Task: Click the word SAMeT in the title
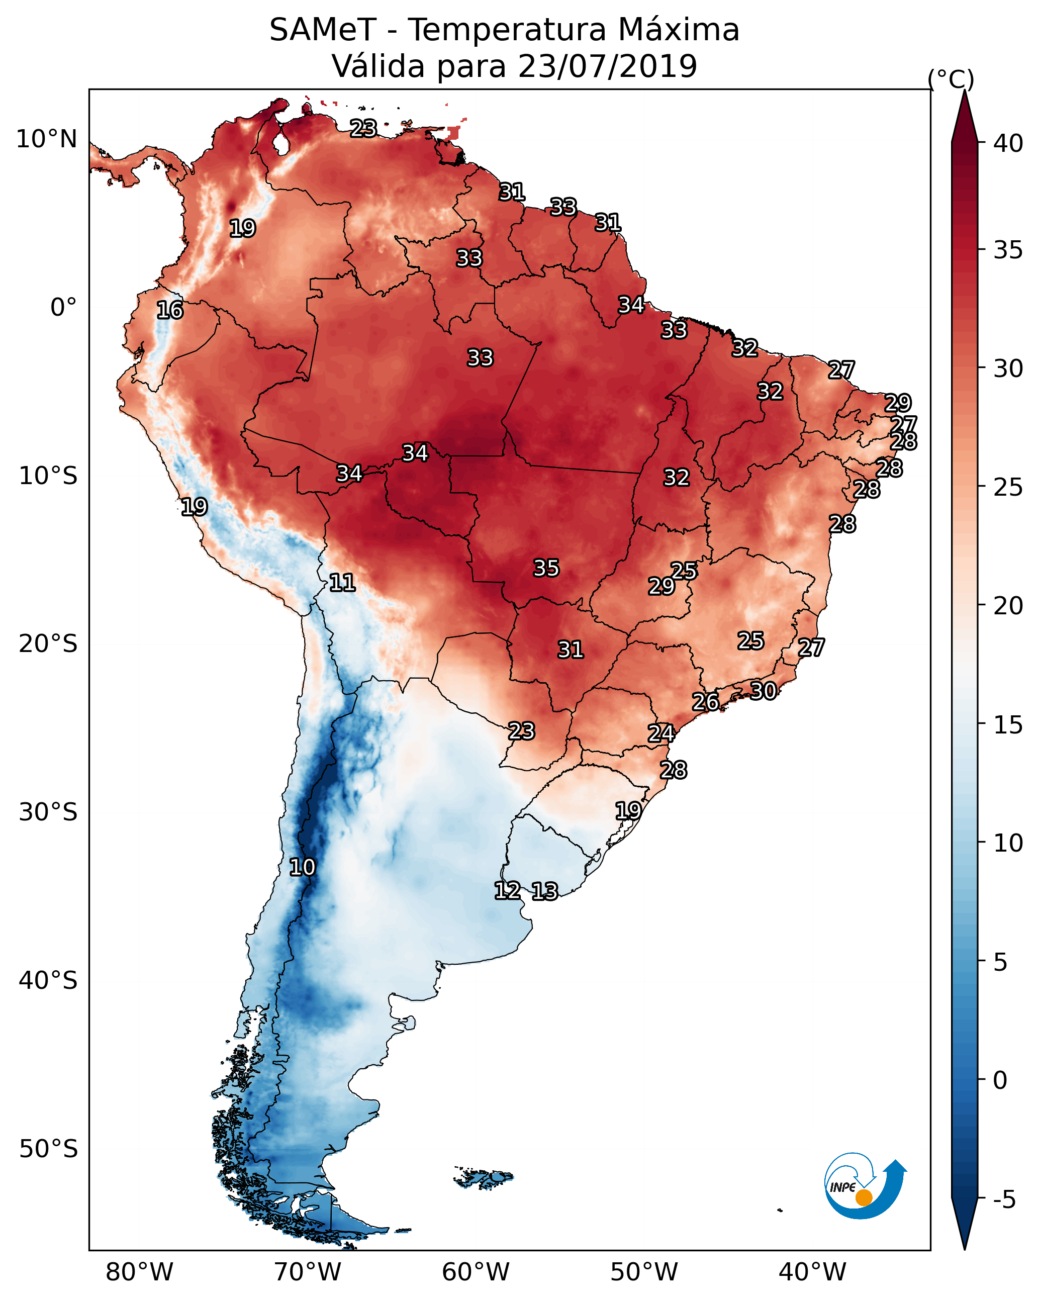click(x=323, y=30)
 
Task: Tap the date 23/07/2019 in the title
click(x=607, y=66)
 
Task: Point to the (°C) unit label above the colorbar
click(x=951, y=79)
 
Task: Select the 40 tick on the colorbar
click(x=1008, y=143)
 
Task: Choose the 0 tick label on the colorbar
click(x=1000, y=1080)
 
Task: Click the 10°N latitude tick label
click(x=46, y=139)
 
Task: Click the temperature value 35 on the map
click(x=546, y=568)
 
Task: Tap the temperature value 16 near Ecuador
click(x=169, y=310)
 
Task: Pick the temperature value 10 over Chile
click(x=302, y=867)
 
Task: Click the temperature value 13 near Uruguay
click(x=544, y=891)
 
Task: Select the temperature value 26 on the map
click(x=705, y=702)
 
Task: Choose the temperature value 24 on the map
click(x=661, y=733)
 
